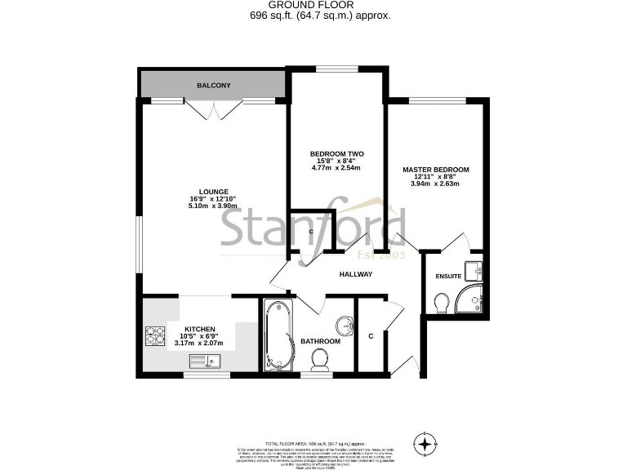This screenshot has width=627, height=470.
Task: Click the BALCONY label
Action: click(213, 85)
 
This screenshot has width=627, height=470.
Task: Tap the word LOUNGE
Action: click(213, 192)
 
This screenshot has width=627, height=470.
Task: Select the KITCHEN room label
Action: click(199, 329)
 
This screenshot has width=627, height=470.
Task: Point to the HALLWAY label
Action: click(355, 274)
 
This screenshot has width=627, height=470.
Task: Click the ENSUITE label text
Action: click(448, 277)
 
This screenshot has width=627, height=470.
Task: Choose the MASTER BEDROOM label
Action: click(436, 170)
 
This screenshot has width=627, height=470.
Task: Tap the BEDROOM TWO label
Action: click(336, 153)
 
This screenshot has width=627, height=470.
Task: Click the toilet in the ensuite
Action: click(442, 304)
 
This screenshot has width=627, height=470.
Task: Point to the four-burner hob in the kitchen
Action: click(156, 335)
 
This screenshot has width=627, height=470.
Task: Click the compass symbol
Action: click(425, 444)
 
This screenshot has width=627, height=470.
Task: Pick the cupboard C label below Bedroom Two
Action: click(311, 233)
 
